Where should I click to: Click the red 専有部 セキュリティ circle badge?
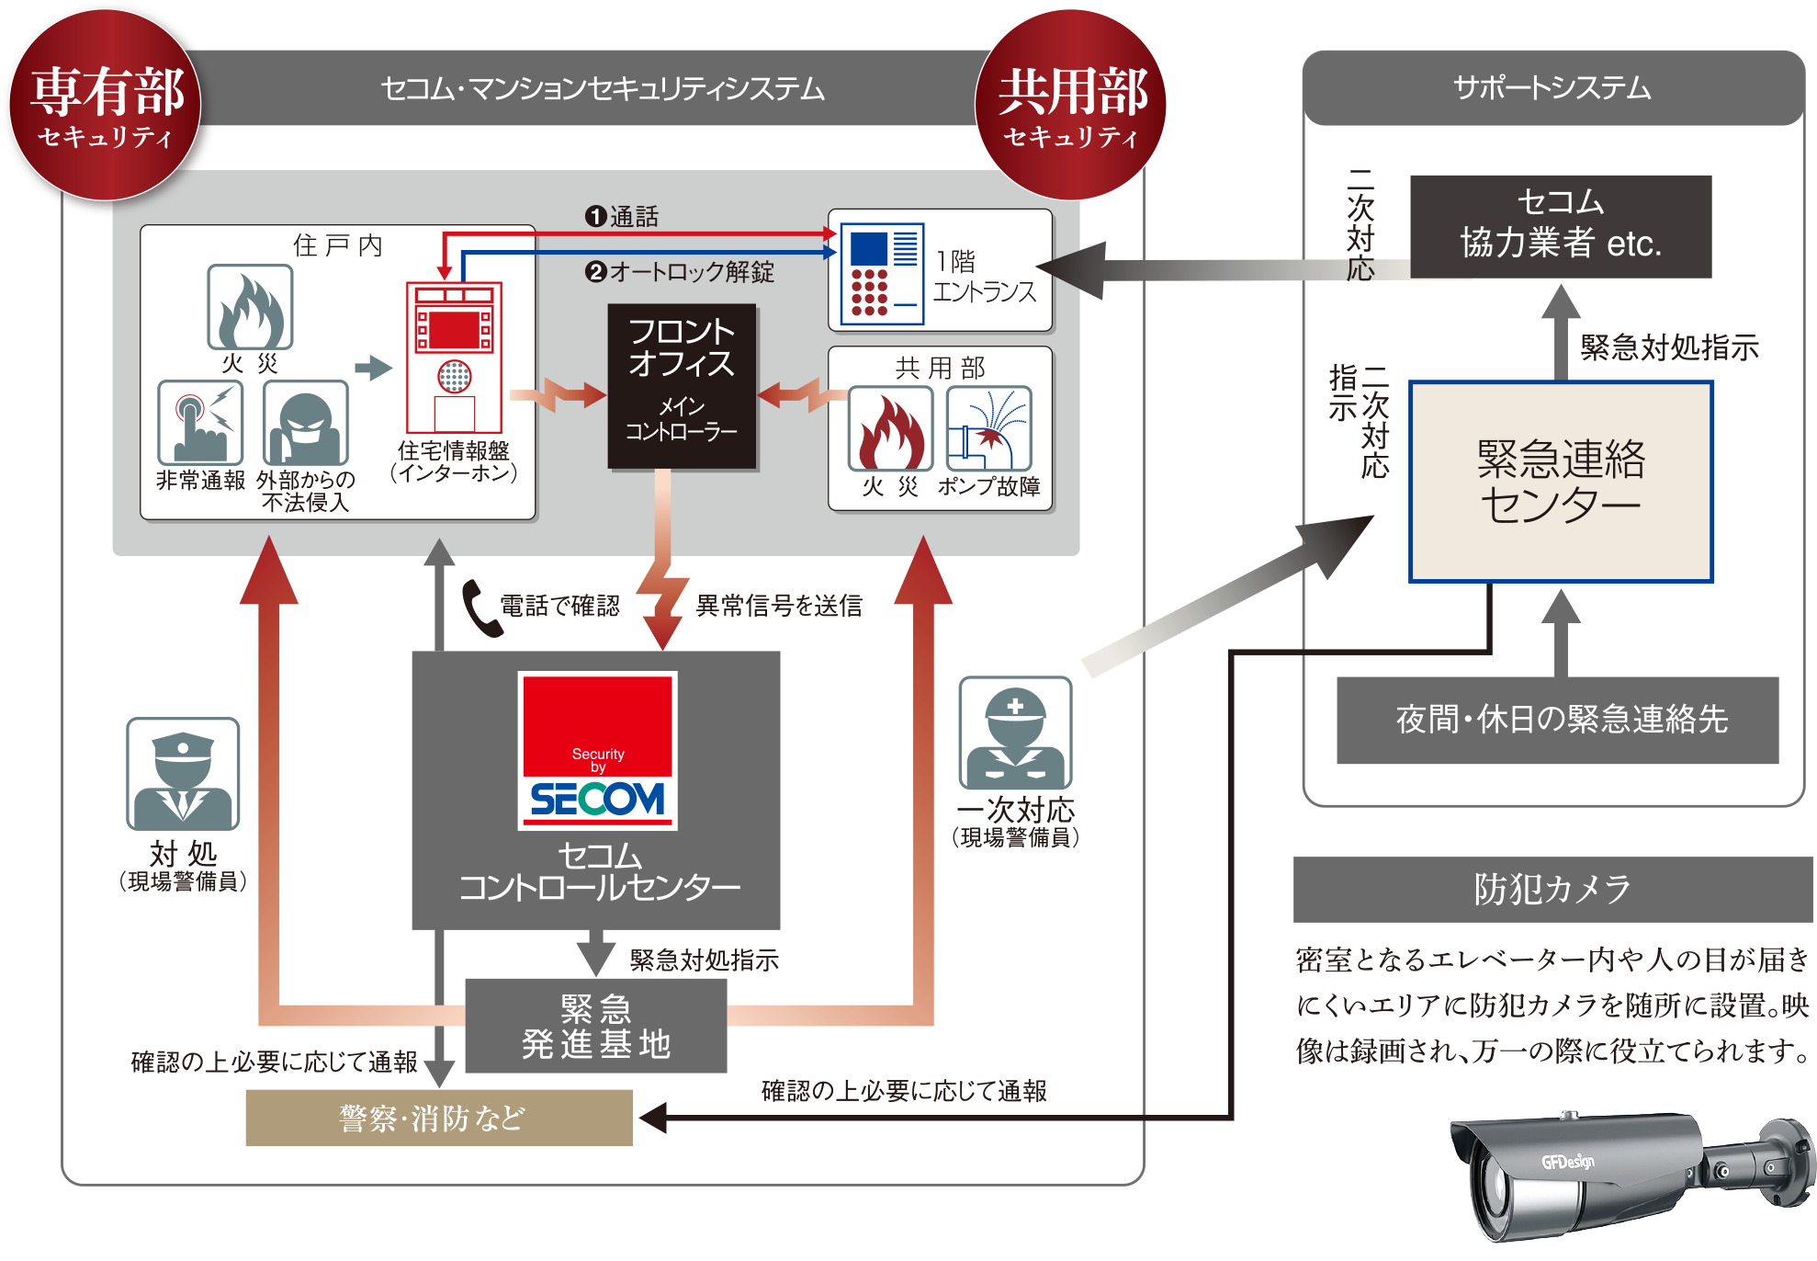pyautogui.click(x=105, y=105)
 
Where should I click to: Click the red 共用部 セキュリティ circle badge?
pyautogui.click(x=1070, y=105)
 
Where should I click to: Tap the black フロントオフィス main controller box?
pyautogui.click(x=682, y=386)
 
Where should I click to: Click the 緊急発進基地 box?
pyautogui.click(x=595, y=1026)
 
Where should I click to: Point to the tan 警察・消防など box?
pyautogui.click(x=438, y=1118)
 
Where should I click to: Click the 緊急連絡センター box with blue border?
pyautogui.click(x=1561, y=482)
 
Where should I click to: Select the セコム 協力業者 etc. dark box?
pyautogui.click(x=1560, y=226)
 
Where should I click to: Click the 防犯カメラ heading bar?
pyautogui.click(x=1552, y=889)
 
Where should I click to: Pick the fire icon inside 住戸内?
pyautogui.click(x=250, y=308)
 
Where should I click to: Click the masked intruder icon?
pyautogui.click(x=305, y=424)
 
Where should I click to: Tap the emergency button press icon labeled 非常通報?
pyautogui.click(x=199, y=424)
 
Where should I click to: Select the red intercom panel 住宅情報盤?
pyautogui.click(x=454, y=358)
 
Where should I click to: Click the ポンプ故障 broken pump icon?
pyautogui.click(x=988, y=429)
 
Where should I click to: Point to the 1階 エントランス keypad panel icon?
pyautogui.click(x=880, y=273)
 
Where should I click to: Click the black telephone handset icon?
pyautogui.click(x=480, y=608)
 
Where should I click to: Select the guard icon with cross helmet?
pyautogui.click(x=1014, y=733)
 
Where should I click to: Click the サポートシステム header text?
pyautogui.click(x=1552, y=88)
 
